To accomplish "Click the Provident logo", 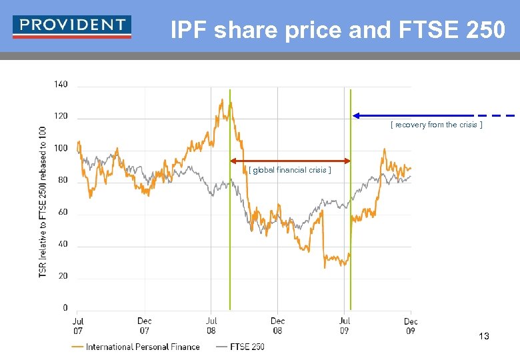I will point(72,27).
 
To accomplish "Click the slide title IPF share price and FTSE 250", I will point(337,30).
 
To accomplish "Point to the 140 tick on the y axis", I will point(61,85).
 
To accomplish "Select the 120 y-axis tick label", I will point(61,116).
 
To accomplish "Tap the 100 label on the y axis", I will point(61,148).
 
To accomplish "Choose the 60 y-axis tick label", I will point(63,212).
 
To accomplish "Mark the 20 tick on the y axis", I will point(63,276).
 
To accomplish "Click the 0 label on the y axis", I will point(65,308).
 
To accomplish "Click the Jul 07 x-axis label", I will point(77,326).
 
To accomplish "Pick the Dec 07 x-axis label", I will point(145,326).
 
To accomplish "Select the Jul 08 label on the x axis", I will point(211,326).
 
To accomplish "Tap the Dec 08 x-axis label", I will point(278,326).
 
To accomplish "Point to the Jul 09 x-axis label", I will point(345,326).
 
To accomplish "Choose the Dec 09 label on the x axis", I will point(411,326).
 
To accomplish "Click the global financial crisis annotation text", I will point(289,170).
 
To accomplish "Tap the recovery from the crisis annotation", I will point(436,125).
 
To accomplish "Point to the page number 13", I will point(483,337).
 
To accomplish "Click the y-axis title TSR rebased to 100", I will point(43,201).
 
